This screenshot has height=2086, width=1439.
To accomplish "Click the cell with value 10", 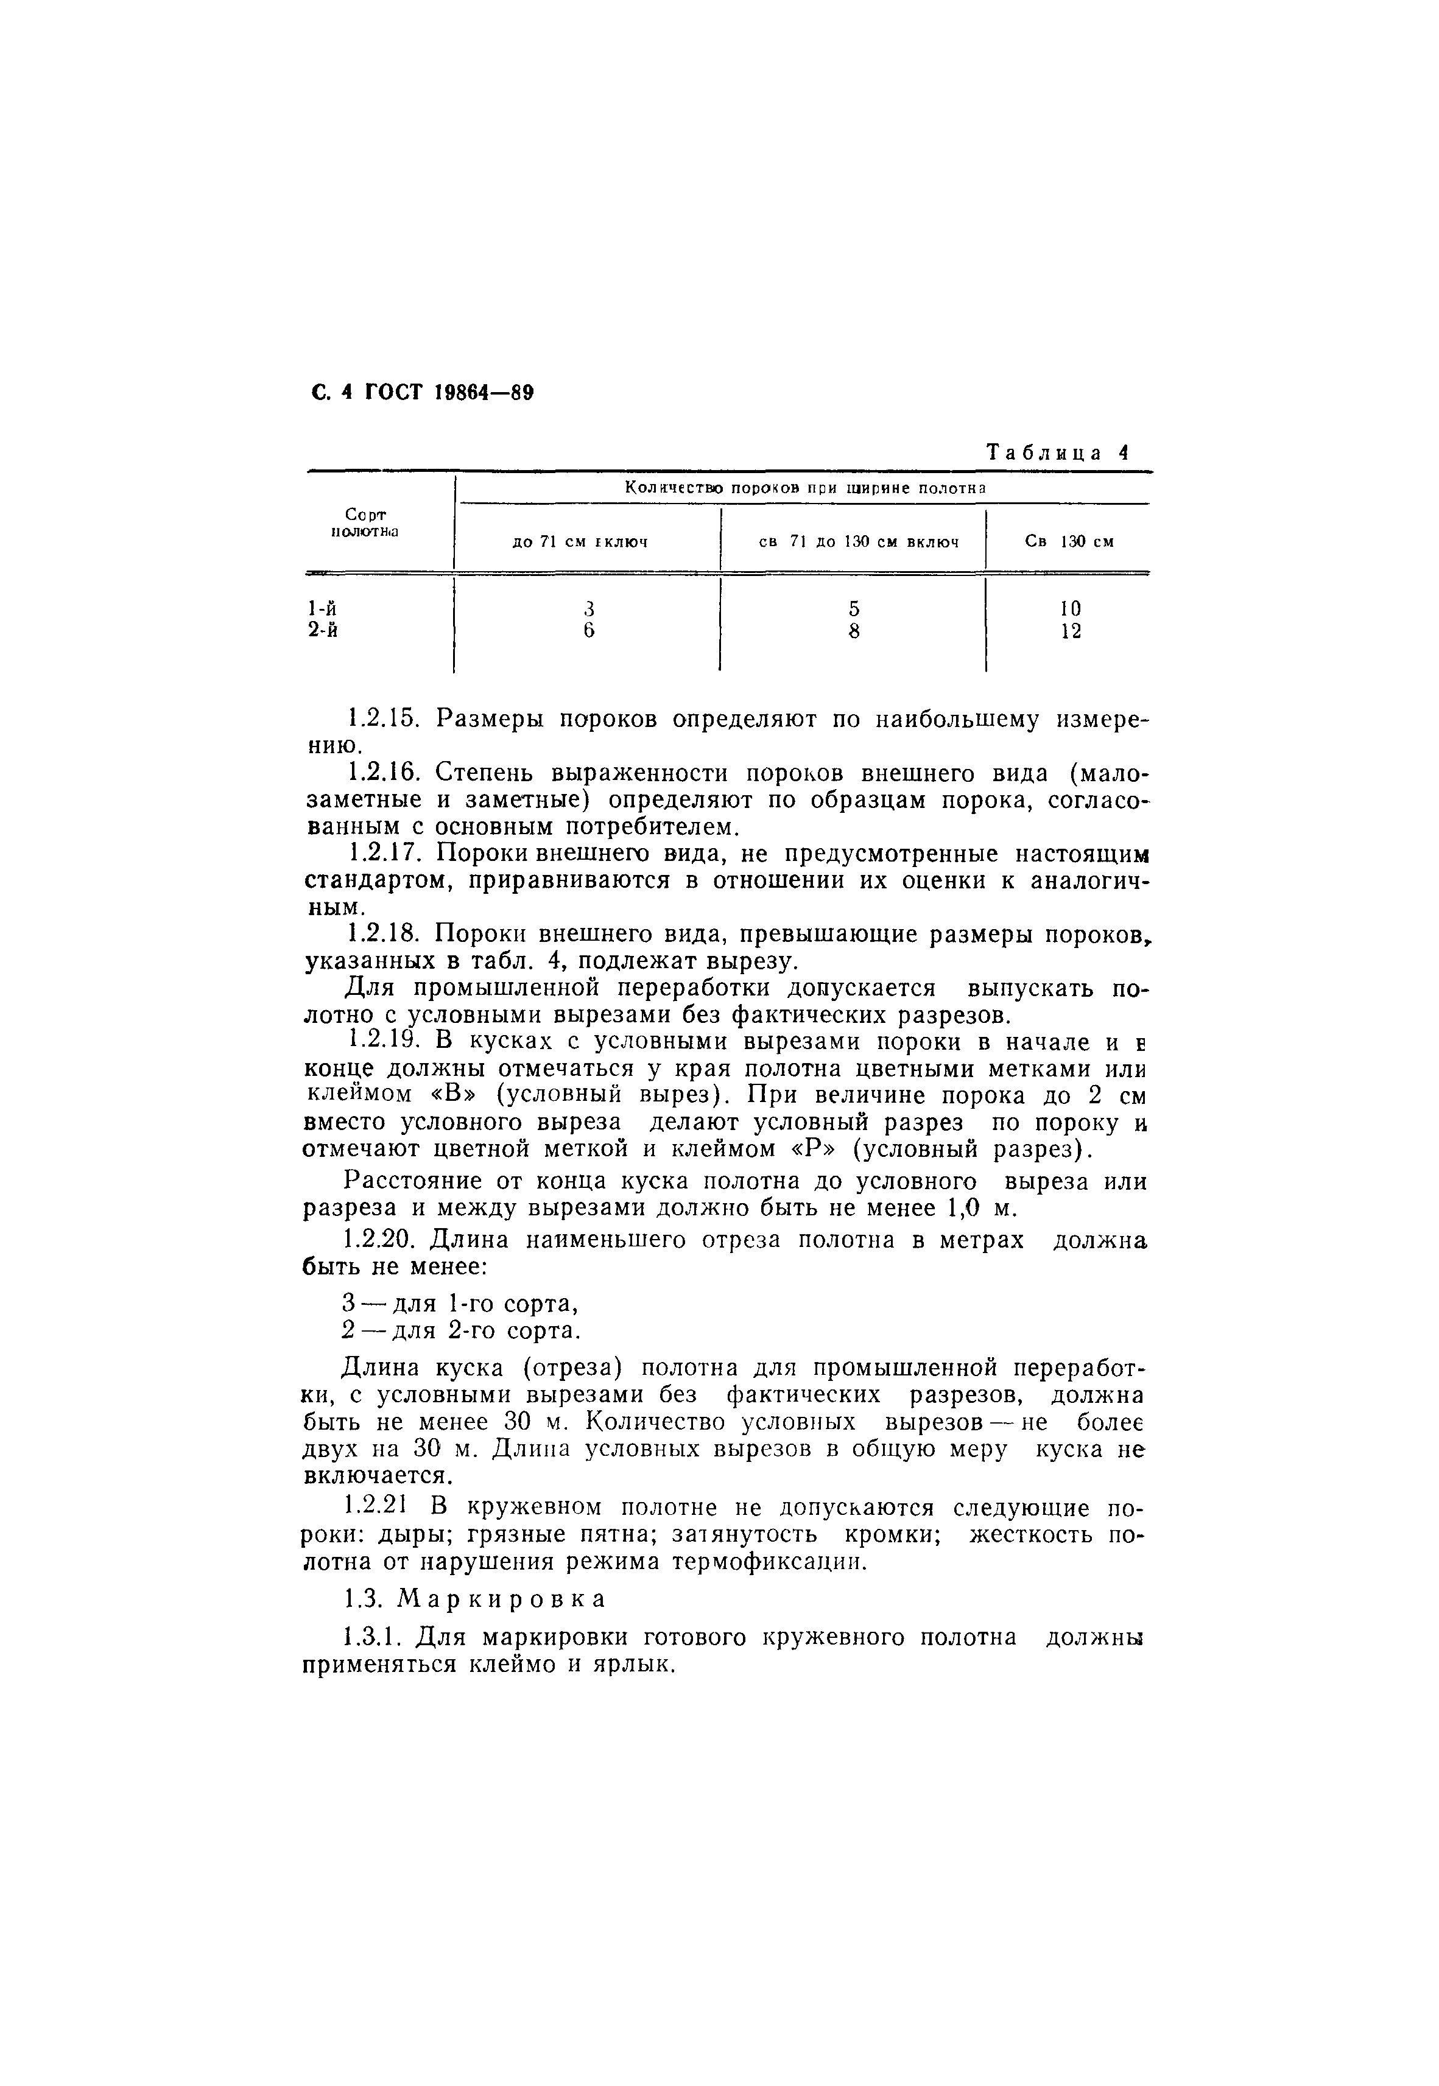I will point(1070,608).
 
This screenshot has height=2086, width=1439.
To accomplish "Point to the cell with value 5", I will point(853,608).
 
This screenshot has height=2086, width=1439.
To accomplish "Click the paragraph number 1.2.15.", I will point(384,719).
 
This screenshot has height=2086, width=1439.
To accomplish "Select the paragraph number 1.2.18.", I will point(384,934).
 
